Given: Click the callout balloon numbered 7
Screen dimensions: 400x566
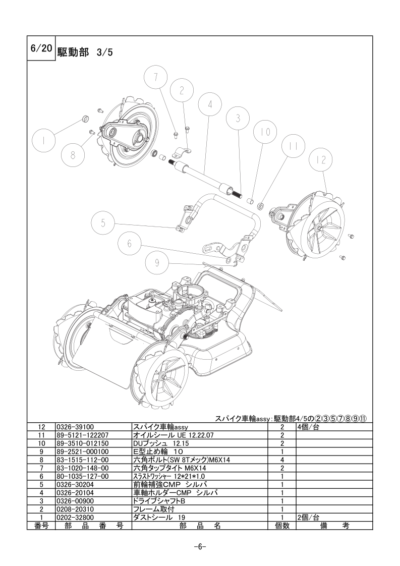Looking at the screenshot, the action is [155, 78].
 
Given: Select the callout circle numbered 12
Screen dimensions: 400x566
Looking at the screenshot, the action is [321, 159].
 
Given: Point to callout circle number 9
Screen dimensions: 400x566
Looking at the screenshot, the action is [157, 262].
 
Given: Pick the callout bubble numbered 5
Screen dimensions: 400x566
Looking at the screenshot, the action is [103, 223].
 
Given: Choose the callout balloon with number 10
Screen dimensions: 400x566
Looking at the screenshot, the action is [266, 132].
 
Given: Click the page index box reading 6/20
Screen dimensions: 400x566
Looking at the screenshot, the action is [41, 48].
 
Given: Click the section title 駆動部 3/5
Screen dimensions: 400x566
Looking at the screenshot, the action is [85, 52].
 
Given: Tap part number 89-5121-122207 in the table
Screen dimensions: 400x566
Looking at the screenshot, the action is [82, 435].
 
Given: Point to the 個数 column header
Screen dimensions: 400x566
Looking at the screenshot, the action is [282, 526].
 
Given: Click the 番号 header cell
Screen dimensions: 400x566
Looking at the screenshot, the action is [41, 526].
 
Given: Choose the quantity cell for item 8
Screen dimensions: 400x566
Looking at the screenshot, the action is [282, 460].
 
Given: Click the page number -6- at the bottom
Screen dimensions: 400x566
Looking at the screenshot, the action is [200, 546].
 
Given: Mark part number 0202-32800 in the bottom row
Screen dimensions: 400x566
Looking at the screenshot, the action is [76, 517].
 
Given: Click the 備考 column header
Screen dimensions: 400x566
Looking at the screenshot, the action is [334, 526].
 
